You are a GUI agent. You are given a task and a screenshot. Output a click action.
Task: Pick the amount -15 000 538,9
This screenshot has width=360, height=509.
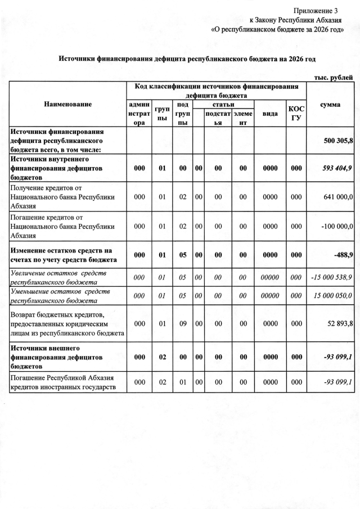click(x=332, y=277)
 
